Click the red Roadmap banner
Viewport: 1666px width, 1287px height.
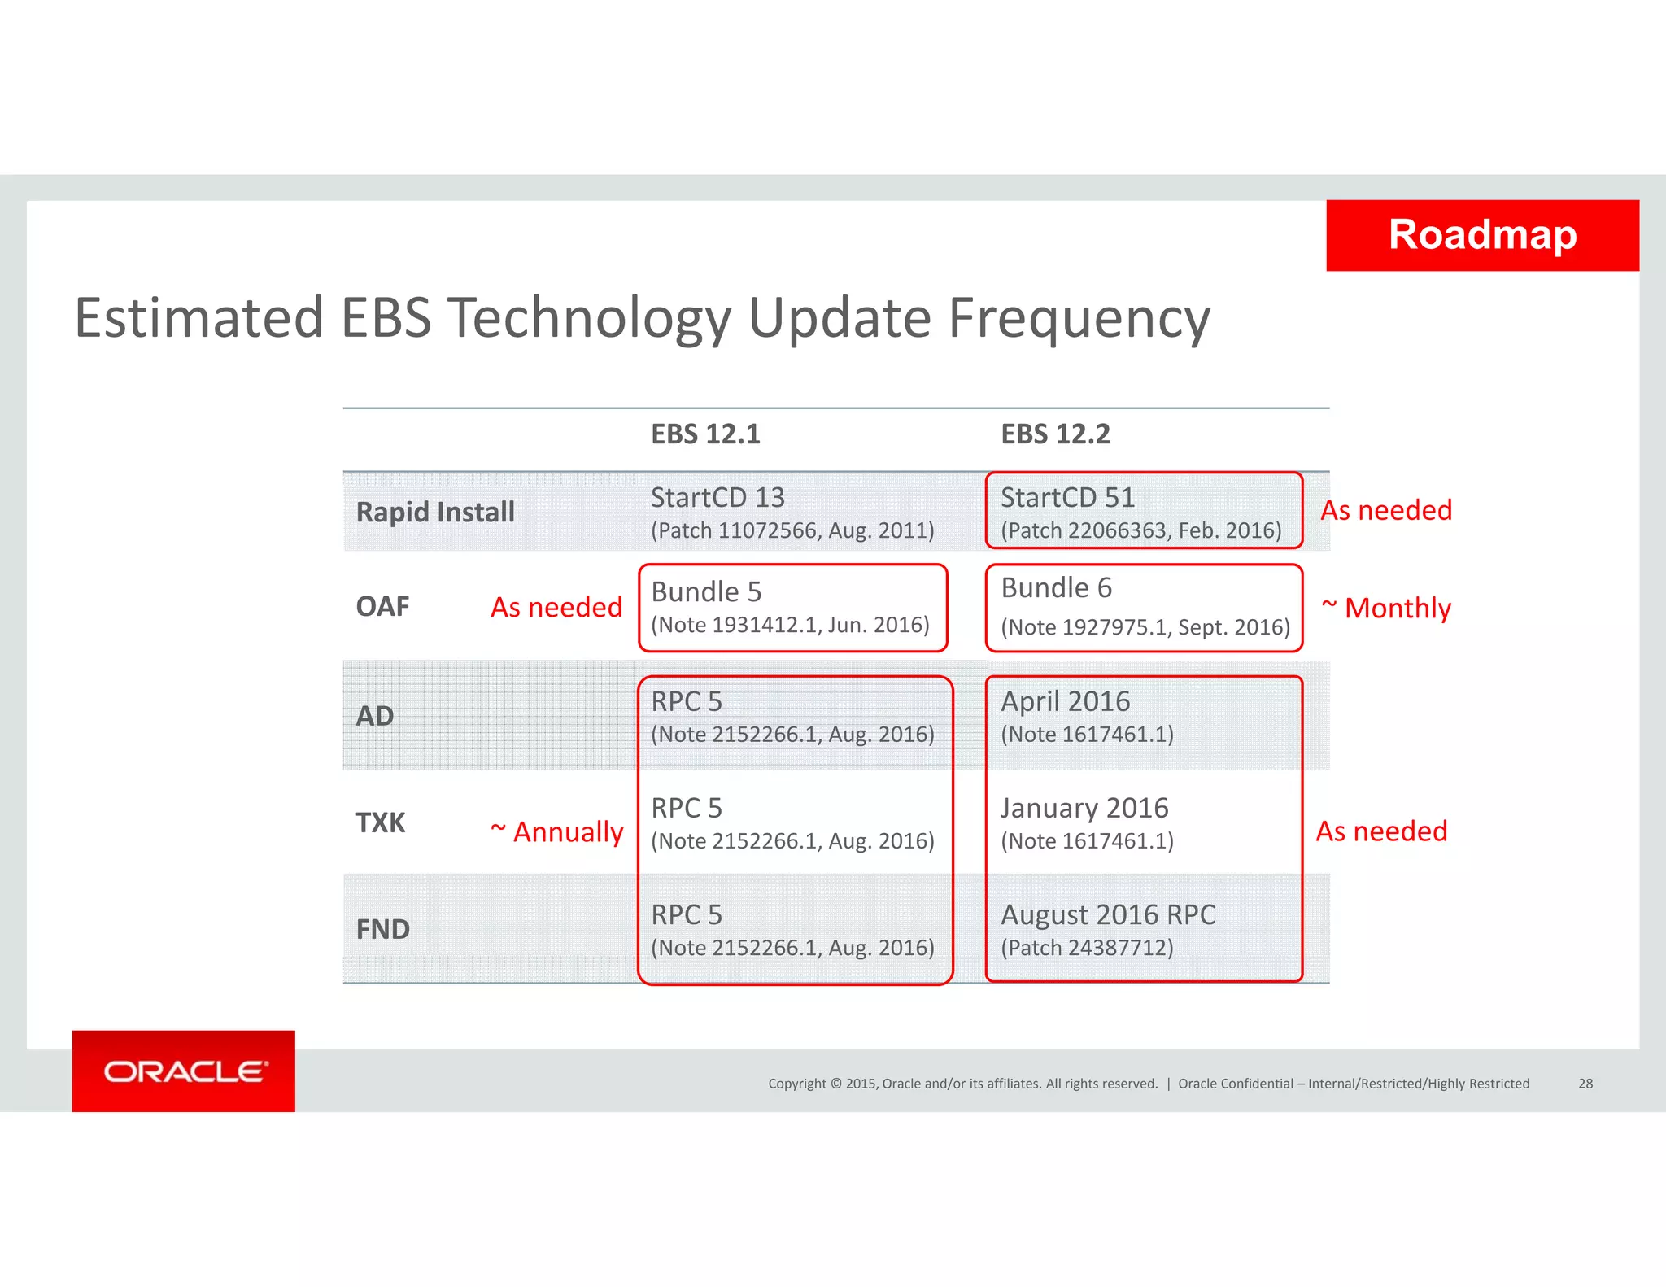click(1482, 235)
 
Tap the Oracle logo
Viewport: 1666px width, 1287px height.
click(185, 1071)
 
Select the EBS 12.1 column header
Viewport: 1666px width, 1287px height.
click(705, 434)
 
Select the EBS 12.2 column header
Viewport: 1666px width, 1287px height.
click(1055, 434)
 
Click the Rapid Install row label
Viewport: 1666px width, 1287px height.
click(435, 512)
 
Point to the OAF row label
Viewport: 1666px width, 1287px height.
click(382, 607)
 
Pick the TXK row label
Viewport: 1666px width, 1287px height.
click(380, 822)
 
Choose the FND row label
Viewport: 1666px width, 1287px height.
click(382, 929)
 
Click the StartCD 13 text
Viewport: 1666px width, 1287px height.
click(717, 497)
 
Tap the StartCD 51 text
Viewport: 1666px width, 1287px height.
click(1067, 497)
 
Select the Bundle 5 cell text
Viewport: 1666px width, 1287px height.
click(706, 591)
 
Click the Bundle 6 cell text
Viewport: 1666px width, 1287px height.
click(1056, 587)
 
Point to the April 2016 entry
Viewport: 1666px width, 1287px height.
click(1065, 701)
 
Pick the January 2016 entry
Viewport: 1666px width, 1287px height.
click(1084, 808)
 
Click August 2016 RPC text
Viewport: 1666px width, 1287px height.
click(1108, 914)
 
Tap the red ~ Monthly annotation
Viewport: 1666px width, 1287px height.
click(1387, 608)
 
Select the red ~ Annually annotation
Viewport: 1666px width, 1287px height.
click(557, 831)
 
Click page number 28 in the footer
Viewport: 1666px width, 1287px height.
click(1585, 1084)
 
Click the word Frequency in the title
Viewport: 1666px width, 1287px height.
click(1079, 318)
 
